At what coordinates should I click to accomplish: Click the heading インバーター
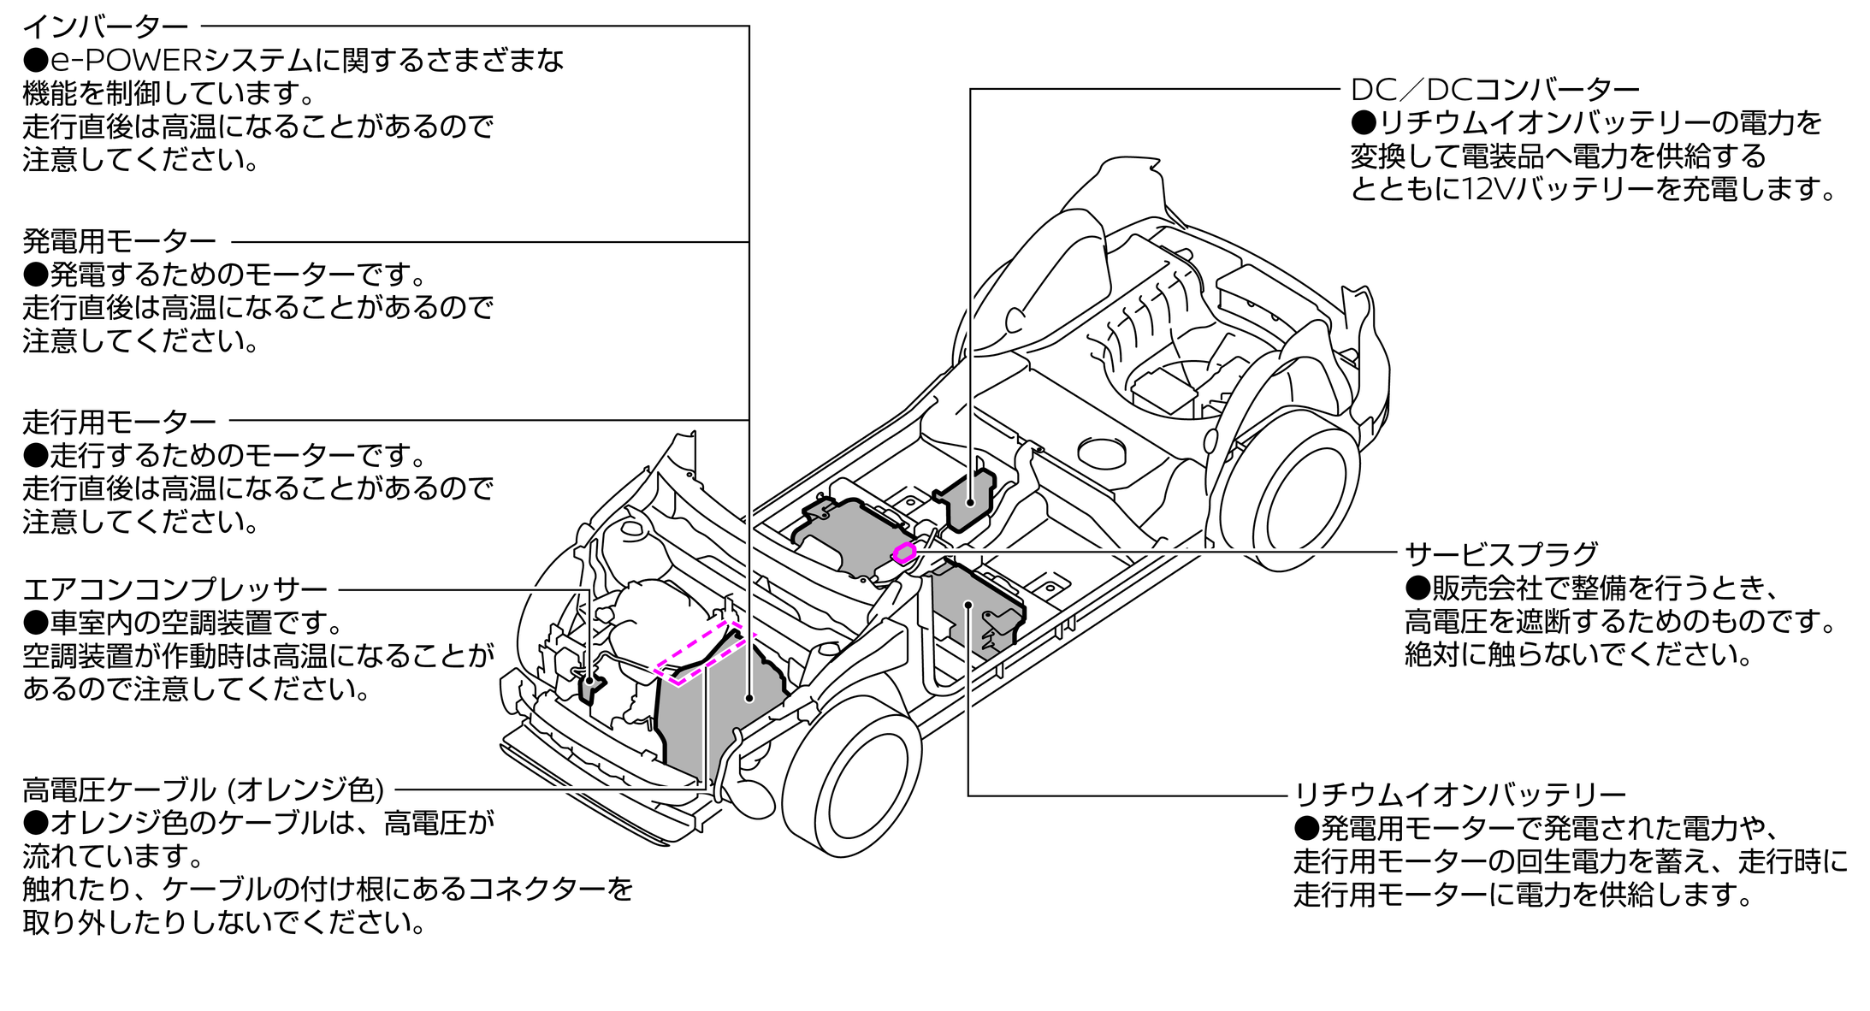104,27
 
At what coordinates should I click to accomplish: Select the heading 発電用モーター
119,242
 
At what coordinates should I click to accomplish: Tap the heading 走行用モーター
119,422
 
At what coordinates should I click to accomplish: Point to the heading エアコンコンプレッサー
175,589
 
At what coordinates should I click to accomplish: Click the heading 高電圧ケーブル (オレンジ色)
203,789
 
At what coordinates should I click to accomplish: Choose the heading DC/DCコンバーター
1494,89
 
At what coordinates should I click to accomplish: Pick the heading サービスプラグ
1500,554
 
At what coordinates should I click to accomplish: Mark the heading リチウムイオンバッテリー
1459,795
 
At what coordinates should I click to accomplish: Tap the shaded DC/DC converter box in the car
970,496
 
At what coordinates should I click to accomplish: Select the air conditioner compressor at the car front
590,686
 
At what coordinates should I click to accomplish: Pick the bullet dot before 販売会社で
1417,588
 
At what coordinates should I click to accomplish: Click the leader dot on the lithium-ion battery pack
968,605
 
